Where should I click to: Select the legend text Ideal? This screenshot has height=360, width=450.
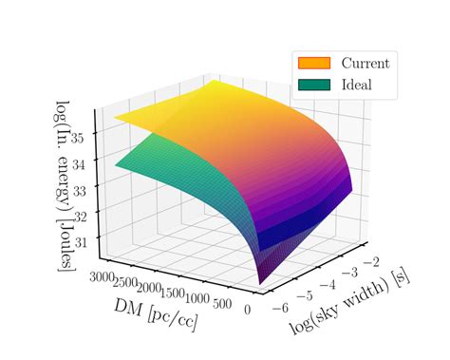[357, 85]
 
